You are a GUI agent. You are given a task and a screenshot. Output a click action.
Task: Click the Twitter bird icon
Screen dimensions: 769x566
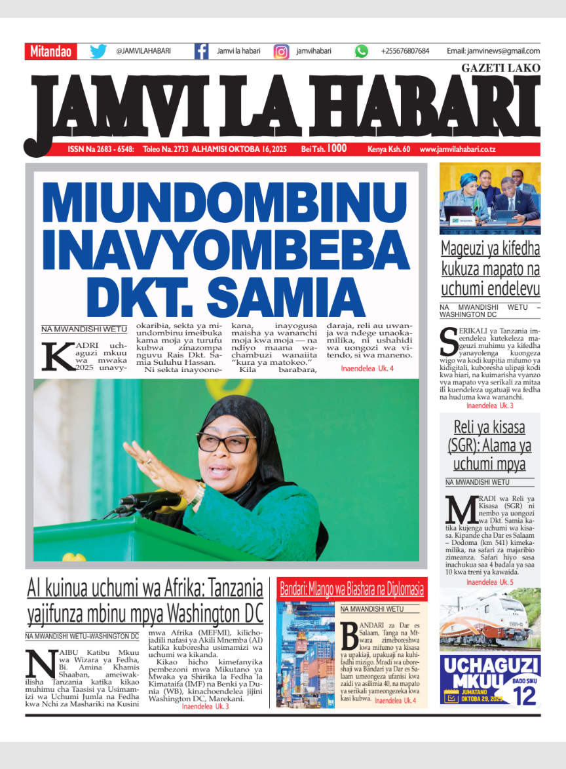(x=98, y=51)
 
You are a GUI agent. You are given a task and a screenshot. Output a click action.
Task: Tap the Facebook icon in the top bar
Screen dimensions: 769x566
(x=202, y=51)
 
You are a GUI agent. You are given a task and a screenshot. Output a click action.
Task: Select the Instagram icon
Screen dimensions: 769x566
(x=281, y=51)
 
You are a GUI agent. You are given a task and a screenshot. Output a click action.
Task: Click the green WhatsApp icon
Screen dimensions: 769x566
(x=362, y=51)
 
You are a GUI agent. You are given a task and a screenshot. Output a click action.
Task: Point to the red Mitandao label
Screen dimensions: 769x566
(x=51, y=52)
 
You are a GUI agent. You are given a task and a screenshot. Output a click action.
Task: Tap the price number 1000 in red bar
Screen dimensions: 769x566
(x=337, y=149)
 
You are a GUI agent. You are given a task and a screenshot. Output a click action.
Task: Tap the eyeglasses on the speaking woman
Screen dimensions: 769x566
(x=226, y=443)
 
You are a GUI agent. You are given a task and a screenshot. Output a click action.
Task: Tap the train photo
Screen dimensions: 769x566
(x=490, y=618)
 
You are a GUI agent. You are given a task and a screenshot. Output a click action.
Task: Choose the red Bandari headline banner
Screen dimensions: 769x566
(x=352, y=589)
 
